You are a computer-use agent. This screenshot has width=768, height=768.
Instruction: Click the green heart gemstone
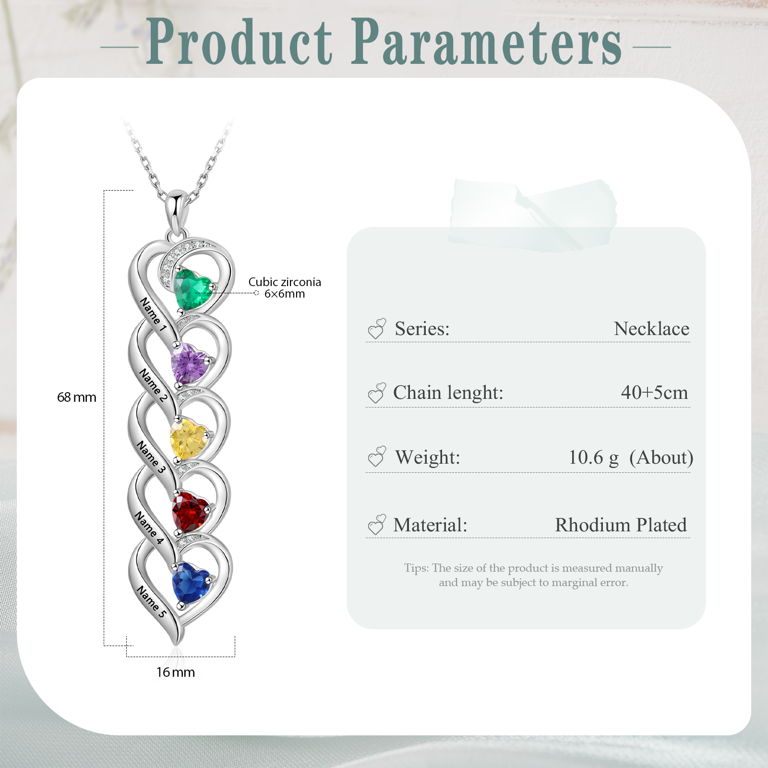coord(192,289)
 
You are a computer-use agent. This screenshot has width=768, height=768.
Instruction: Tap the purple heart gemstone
coord(190,363)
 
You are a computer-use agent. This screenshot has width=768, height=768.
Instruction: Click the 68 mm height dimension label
coord(76,397)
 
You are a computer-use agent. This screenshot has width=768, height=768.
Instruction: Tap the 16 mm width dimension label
coord(175,672)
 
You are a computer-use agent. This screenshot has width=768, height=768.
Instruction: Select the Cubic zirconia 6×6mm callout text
coord(285,288)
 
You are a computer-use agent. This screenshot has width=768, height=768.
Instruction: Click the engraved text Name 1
coord(153,314)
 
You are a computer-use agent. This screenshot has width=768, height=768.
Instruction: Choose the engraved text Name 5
coord(152,601)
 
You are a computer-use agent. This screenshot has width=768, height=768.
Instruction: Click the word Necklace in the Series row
coord(651,329)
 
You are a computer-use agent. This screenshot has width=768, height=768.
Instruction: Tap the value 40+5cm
coord(654,393)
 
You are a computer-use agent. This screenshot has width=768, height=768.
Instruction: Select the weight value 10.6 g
coord(593,457)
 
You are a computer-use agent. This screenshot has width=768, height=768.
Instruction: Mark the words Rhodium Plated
coord(621,525)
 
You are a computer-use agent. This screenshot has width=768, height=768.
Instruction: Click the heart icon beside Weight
coord(377,456)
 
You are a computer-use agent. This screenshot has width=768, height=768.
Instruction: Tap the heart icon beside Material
coord(377,525)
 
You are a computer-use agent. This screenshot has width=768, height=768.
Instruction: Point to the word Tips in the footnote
coord(416,568)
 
